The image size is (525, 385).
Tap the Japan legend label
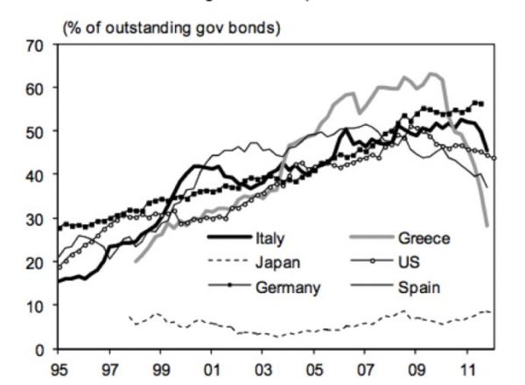pyautogui.click(x=277, y=261)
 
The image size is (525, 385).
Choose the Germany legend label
pyautogui.click(x=287, y=285)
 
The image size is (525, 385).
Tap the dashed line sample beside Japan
pyautogui.click(x=229, y=261)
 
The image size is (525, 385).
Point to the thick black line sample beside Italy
pyautogui.click(x=229, y=237)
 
